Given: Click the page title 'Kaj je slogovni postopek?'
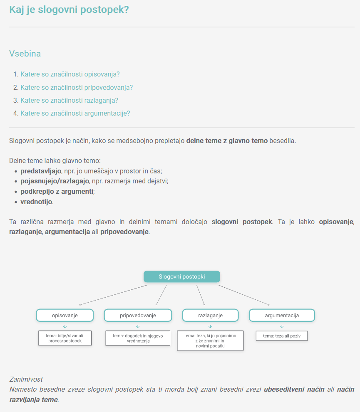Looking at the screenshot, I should (x=69, y=10).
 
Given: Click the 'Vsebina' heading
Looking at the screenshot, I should (x=25, y=54).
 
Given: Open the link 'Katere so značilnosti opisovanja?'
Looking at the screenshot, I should (x=70, y=74).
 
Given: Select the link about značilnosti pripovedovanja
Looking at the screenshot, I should (x=77, y=87).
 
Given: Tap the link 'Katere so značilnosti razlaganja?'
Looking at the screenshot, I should (x=70, y=100).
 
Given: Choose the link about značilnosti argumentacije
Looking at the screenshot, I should (x=75, y=113).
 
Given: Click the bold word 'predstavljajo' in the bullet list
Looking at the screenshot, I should (x=41, y=171).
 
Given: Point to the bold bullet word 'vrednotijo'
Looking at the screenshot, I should (x=36, y=202).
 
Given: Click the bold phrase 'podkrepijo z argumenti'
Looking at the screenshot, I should (x=57, y=191).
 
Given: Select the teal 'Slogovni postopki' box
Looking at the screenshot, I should (x=182, y=276).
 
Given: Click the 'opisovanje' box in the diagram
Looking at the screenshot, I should (x=65, y=315).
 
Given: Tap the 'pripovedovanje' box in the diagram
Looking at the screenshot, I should (x=138, y=315).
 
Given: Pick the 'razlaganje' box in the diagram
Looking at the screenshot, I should (x=210, y=315).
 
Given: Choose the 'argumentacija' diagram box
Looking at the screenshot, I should (x=282, y=315).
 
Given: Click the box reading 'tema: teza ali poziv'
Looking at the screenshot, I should (x=282, y=336).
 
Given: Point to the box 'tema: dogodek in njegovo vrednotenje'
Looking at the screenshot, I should (x=138, y=338).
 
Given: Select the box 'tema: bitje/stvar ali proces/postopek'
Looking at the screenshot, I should (x=65, y=338).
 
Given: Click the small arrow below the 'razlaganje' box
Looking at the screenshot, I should (x=210, y=326).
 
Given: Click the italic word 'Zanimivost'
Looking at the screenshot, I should (x=26, y=379).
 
